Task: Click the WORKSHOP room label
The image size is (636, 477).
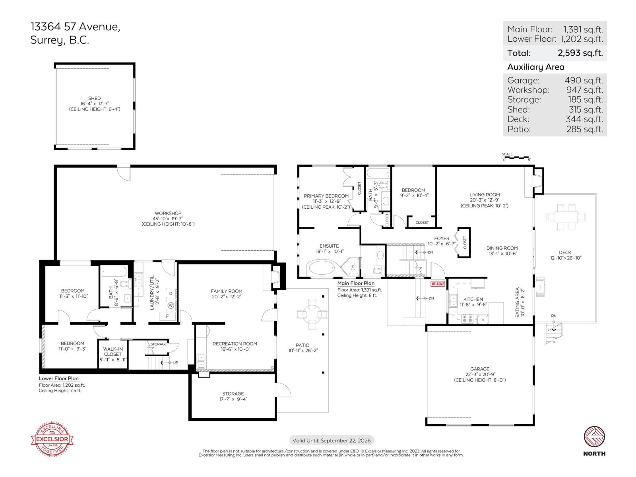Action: point(168,213)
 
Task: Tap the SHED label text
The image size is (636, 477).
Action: point(94,98)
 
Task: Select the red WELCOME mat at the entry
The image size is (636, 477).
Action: point(438,284)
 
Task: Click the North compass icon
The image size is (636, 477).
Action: point(594,437)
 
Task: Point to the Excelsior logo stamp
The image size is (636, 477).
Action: point(52,439)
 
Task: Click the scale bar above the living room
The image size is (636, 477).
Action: point(516,158)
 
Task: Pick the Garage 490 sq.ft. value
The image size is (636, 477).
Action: point(584,80)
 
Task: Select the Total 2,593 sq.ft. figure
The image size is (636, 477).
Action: point(580,53)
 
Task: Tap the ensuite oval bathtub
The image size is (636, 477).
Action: point(323,268)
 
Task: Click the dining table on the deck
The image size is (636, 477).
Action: point(566,217)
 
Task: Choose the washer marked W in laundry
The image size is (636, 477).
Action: point(171,305)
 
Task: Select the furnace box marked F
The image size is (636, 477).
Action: point(167,316)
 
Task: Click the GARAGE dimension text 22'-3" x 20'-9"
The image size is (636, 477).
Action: point(480,374)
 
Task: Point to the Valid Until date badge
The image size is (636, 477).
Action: point(332,440)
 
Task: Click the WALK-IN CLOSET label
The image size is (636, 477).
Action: point(113,351)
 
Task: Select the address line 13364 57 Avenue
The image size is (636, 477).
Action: point(75,27)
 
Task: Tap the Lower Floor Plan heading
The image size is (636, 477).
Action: point(59,378)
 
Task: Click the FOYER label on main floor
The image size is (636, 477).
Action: point(442,238)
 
